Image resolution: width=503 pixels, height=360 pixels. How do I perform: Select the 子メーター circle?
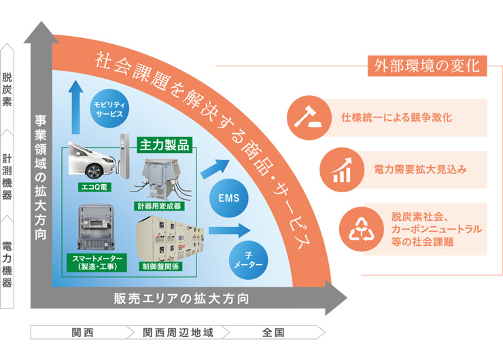[x=248, y=259]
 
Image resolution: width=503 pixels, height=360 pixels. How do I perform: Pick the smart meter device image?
[x=96, y=228]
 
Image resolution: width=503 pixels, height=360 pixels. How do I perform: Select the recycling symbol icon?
[x=360, y=228]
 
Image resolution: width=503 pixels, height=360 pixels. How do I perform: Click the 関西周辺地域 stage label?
[x=178, y=334]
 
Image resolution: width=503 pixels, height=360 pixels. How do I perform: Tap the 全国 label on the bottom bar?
[x=273, y=334]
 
